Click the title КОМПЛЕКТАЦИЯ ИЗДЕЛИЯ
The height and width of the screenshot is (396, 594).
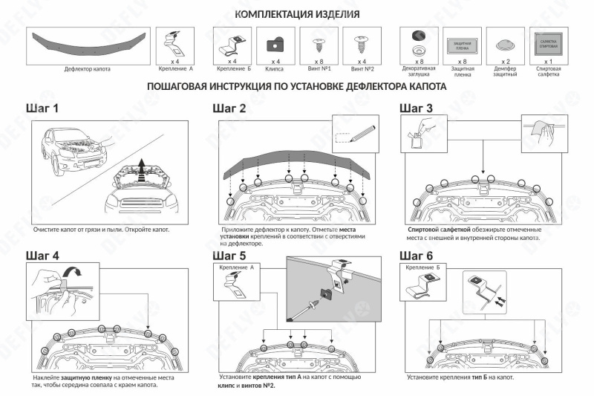click(x=297, y=15)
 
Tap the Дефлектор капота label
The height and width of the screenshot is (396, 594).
click(x=88, y=68)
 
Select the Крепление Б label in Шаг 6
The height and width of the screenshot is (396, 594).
click(x=421, y=266)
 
